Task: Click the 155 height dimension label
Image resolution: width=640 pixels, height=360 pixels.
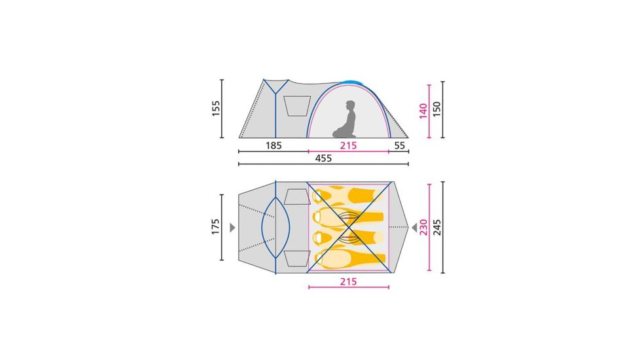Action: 216,109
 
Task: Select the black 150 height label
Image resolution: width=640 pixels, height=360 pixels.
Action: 436,109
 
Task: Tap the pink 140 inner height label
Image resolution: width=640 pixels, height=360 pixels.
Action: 423,111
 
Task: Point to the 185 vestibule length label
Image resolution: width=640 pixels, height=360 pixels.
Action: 274,145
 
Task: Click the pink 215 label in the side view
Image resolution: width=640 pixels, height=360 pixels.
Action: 348,145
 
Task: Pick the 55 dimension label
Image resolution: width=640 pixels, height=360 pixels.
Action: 400,145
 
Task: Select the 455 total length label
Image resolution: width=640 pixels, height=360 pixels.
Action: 323,158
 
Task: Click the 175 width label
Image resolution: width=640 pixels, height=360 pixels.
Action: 215,227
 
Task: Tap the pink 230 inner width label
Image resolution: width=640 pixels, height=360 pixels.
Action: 423,227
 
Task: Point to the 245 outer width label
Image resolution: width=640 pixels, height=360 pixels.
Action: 436,227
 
